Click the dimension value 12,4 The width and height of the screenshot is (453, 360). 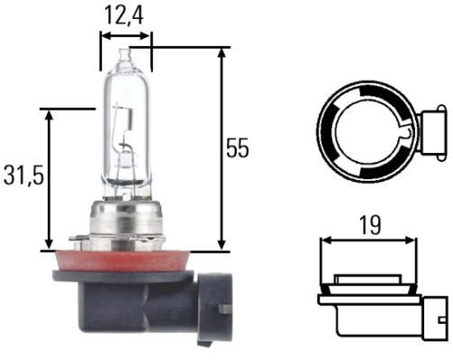point(125,14)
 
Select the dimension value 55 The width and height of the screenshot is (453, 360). point(237,148)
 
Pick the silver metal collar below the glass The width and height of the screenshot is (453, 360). point(125,220)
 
